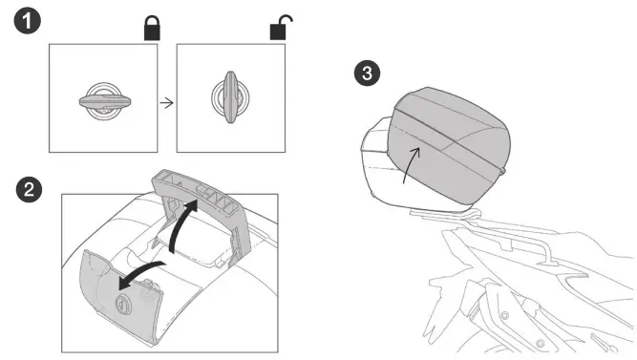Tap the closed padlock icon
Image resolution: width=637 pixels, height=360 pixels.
tap(153, 28)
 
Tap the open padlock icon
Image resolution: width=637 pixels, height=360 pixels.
tap(278, 28)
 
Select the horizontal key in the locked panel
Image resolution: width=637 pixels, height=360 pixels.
tap(105, 99)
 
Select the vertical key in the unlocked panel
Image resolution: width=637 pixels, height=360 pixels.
tap(229, 98)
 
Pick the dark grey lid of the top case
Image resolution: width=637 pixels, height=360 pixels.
tap(449, 143)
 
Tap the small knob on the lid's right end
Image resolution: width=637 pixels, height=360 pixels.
tap(503, 170)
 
